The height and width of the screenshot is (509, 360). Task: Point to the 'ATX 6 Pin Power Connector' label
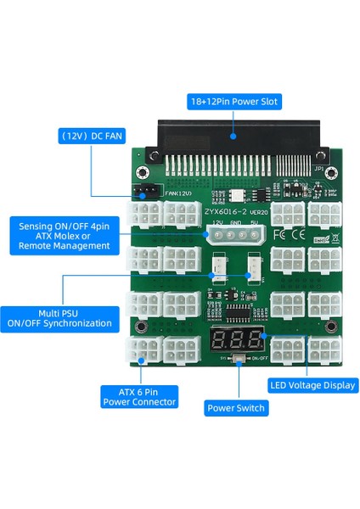138,396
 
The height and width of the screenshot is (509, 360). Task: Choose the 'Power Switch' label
236,408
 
